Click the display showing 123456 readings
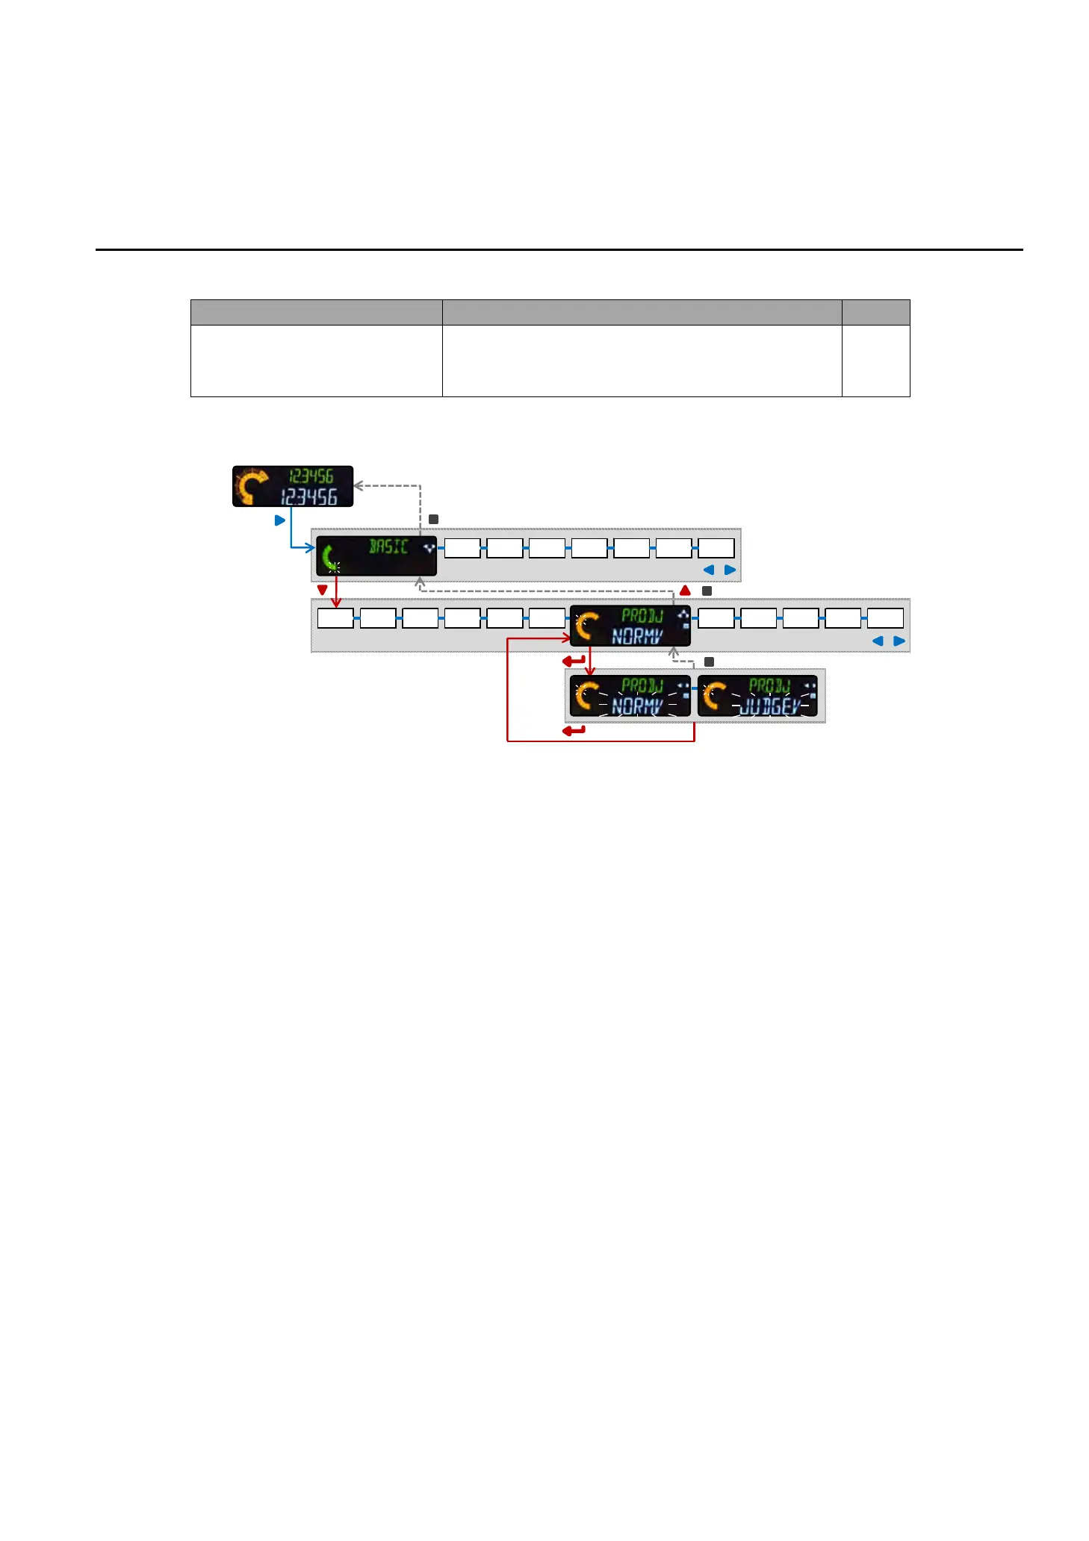click(293, 486)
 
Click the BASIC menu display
click(376, 555)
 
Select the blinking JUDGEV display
click(757, 696)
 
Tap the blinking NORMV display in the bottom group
click(630, 696)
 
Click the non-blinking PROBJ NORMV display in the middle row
click(630, 626)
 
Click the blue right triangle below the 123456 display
click(280, 520)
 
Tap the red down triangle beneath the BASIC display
click(322, 590)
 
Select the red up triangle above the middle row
click(685, 591)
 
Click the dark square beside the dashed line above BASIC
click(433, 519)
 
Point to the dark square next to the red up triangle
click(707, 591)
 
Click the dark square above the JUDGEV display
click(709, 661)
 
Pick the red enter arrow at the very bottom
click(574, 730)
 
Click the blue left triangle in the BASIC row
click(709, 570)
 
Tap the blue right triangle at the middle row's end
click(899, 641)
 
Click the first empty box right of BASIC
click(462, 548)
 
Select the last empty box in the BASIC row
click(716, 548)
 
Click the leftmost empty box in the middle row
click(335, 618)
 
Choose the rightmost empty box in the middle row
click(885, 618)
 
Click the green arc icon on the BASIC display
click(329, 558)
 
